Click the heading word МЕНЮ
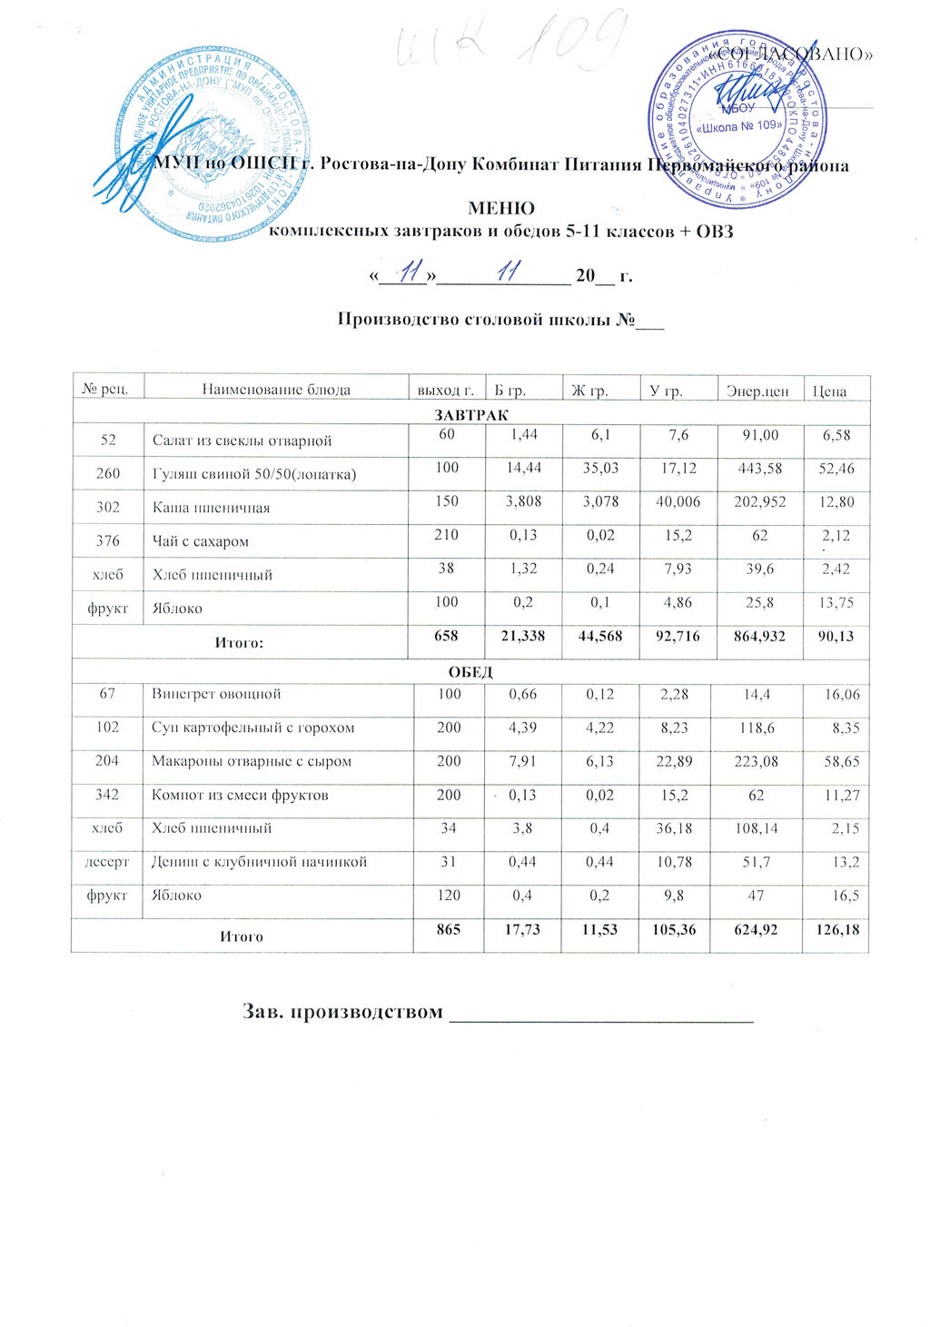click(x=500, y=208)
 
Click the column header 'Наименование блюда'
click(x=275, y=391)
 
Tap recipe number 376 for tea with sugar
click(x=108, y=540)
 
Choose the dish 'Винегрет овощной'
click(x=216, y=694)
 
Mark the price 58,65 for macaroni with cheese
click(x=840, y=761)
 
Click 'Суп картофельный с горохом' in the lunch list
click(x=252, y=728)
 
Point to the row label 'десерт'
click(x=107, y=861)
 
